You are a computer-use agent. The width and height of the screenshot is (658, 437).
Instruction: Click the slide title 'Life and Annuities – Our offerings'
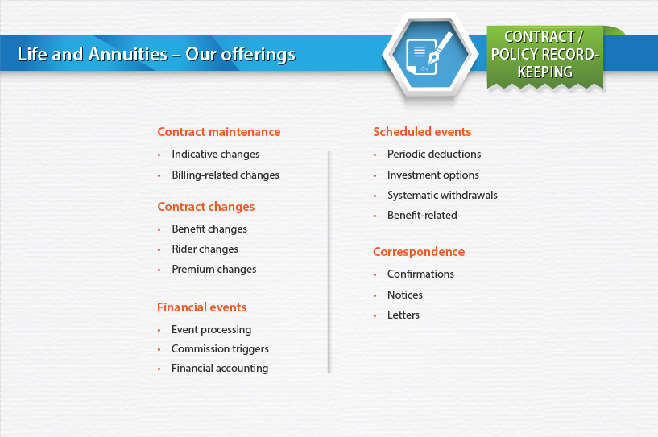(156, 54)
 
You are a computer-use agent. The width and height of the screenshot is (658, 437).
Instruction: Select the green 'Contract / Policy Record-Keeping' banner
(545, 56)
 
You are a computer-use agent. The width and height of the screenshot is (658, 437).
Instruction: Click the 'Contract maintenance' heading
(218, 132)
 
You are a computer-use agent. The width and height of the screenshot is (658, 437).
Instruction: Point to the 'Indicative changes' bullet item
(215, 155)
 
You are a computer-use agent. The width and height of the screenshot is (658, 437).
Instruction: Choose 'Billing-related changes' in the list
(226, 175)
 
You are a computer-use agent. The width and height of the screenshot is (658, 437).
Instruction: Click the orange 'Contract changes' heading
(206, 207)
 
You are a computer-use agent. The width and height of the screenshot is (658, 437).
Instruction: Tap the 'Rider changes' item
(205, 249)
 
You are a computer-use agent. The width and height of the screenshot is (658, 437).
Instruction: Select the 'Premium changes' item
(214, 270)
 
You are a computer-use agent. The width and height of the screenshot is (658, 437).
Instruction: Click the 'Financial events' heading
(202, 307)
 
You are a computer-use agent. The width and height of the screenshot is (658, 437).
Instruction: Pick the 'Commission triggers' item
(220, 349)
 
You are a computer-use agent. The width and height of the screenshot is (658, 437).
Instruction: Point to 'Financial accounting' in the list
(220, 369)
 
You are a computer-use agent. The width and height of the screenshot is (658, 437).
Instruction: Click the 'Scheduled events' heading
(422, 132)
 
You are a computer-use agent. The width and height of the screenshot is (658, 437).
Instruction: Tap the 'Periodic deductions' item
(434, 154)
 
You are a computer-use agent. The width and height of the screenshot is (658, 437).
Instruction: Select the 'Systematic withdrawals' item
(442, 195)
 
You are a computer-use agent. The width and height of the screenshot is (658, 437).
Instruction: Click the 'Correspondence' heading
(419, 252)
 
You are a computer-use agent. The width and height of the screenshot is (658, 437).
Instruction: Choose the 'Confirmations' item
(420, 274)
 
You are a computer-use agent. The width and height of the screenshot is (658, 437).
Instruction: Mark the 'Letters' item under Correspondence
(403, 315)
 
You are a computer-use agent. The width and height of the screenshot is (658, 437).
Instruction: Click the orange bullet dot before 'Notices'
(375, 295)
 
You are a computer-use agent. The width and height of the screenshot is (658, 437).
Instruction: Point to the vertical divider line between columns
(329, 262)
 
